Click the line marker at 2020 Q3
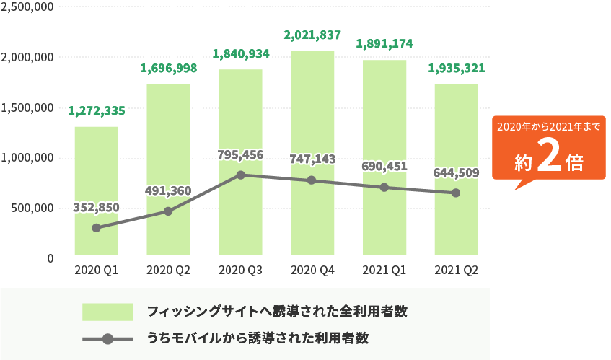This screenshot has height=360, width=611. click(x=241, y=175)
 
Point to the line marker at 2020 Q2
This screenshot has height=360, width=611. click(x=168, y=211)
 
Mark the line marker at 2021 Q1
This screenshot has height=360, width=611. click(x=384, y=188)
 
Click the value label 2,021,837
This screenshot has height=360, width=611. click(x=312, y=35)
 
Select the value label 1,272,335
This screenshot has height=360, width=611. click(x=97, y=111)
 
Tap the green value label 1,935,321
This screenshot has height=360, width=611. click(x=456, y=69)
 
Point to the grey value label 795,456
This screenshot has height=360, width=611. click(x=241, y=154)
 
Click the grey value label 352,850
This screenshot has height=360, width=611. click(x=97, y=208)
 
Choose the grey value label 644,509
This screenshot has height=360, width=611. click(x=456, y=172)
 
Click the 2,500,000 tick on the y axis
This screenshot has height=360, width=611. click(x=27, y=7)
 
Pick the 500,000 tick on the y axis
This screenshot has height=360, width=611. click(x=30, y=208)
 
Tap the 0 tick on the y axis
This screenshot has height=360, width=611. click(x=50, y=257)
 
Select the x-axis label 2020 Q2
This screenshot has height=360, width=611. click(x=168, y=271)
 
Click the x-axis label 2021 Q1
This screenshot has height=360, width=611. click(x=384, y=271)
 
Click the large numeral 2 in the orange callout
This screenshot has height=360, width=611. click(x=550, y=161)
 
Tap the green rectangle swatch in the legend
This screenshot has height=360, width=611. click(x=107, y=312)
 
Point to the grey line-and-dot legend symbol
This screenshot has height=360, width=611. click(x=107, y=338)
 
